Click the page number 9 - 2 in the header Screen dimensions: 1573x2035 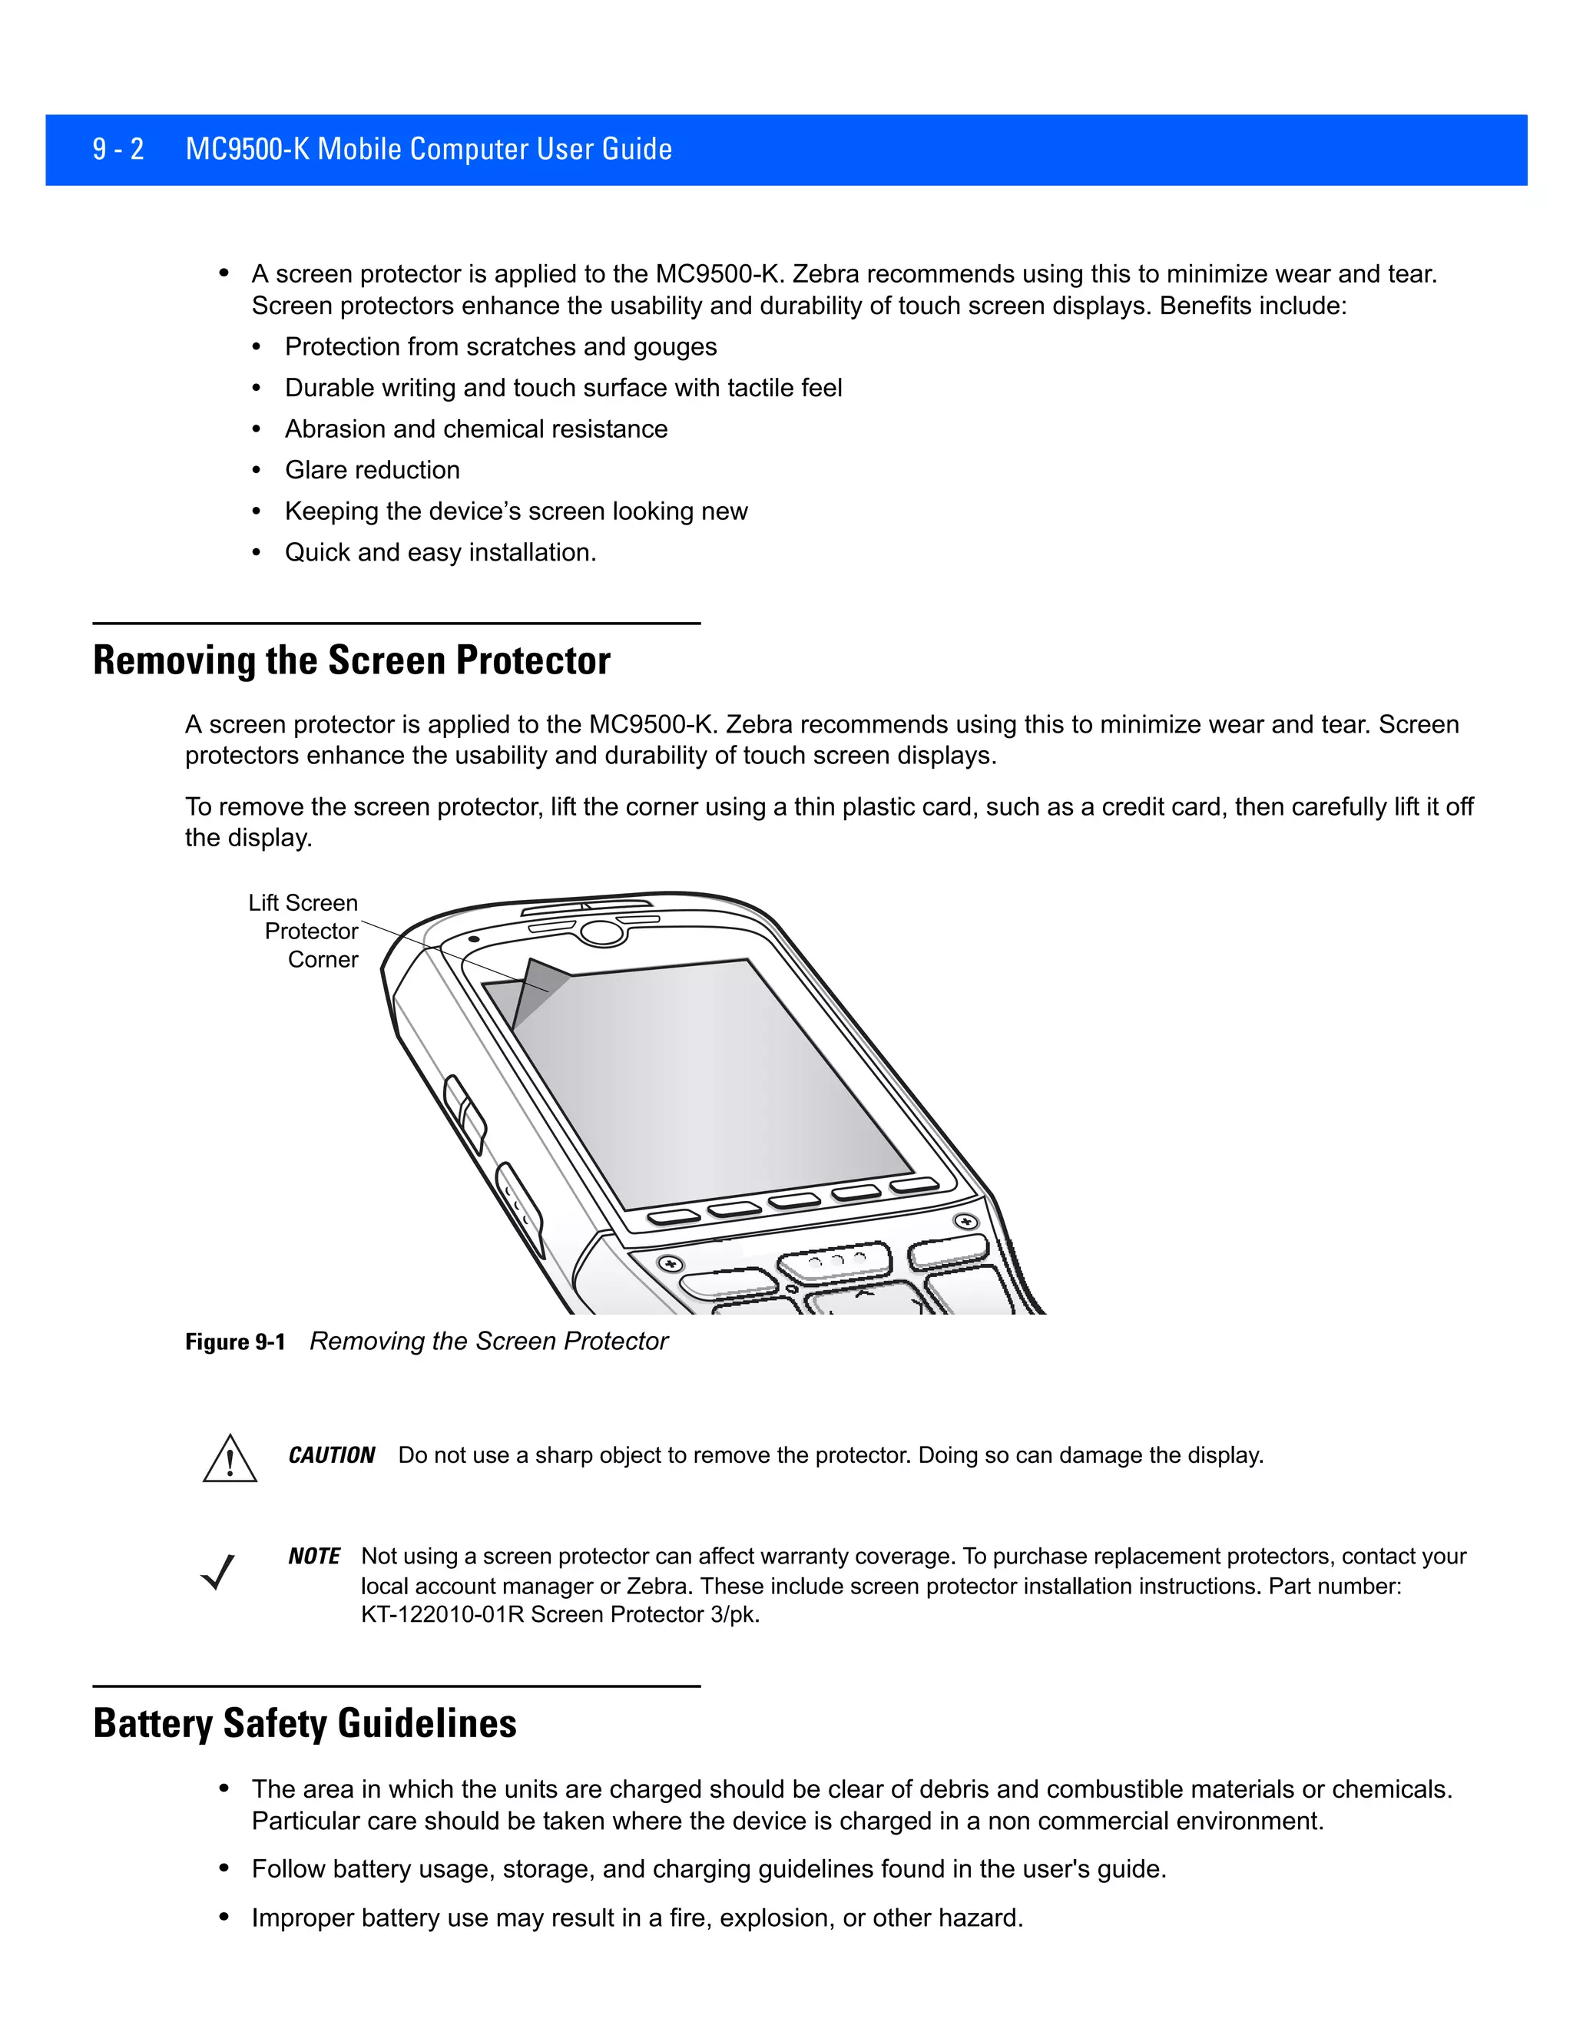pos(118,149)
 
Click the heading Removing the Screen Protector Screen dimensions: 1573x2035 pos(351,660)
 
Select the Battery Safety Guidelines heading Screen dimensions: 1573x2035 pos(305,1723)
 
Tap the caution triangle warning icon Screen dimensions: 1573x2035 pos(229,1460)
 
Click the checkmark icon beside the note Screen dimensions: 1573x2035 pos(218,1572)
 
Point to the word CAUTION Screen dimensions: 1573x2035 pos(331,1455)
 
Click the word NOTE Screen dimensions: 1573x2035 pos(314,1556)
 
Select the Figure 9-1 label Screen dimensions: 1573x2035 pos(235,1342)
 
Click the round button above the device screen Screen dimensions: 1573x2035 pos(602,931)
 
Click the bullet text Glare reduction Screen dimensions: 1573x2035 pos(372,470)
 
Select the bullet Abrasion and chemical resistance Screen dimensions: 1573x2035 pos(476,429)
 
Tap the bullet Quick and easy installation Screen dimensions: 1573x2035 pos(440,553)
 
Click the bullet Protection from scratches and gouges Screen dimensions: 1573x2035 pos(501,346)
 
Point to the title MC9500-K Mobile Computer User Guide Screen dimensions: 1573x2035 pos(429,149)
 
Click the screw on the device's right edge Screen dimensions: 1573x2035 pos(966,1221)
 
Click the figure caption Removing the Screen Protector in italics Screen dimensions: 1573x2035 pos(488,1341)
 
